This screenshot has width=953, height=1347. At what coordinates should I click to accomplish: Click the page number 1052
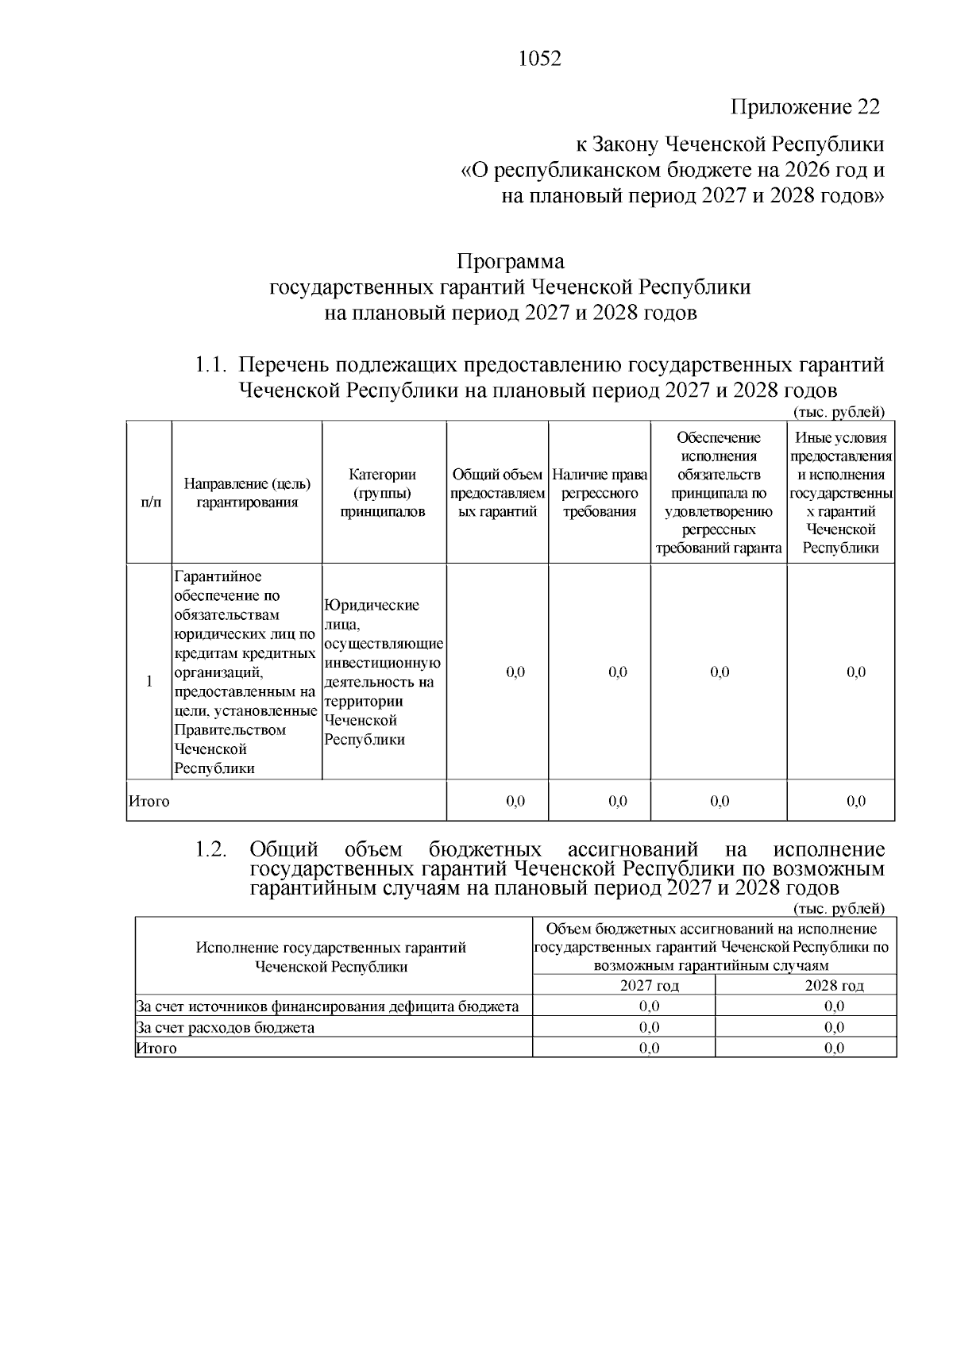539,60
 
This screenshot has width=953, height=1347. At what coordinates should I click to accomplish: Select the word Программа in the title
510,261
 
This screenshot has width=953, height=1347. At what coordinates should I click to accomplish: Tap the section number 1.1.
211,365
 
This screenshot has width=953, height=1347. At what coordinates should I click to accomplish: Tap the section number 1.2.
211,849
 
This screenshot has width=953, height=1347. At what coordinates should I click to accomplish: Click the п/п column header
149,502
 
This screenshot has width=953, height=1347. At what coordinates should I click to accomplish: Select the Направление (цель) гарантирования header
247,493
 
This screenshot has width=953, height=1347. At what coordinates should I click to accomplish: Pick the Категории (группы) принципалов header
383,493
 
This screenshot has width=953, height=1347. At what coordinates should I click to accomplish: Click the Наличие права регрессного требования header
600,493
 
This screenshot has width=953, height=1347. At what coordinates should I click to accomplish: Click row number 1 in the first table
149,681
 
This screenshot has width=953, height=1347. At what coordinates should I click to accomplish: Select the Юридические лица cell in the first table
383,672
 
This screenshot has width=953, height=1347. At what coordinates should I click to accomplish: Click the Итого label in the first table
149,801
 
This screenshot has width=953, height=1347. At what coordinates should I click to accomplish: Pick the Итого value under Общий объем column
515,801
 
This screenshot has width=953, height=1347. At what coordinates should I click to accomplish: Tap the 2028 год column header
834,986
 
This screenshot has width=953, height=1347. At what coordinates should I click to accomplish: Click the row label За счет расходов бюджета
226,1028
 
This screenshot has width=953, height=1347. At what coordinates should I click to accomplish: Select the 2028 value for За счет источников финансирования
834,1006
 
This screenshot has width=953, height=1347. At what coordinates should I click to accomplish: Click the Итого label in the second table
156,1049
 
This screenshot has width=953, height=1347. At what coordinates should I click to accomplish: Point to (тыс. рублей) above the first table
839,411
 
